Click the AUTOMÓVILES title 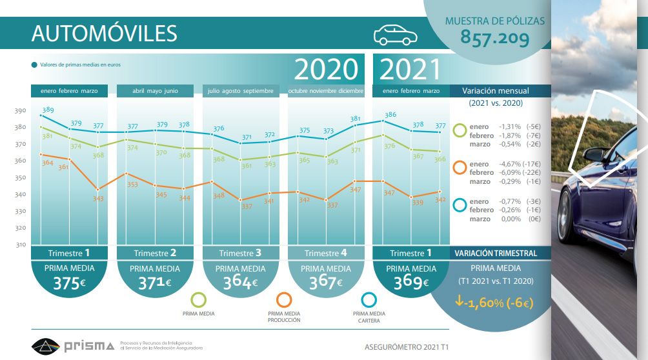[104, 34]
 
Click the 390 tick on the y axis [20, 111]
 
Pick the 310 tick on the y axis [20, 245]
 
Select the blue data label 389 [48, 110]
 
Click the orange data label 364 [46, 163]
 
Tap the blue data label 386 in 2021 [390, 115]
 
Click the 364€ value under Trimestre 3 [241, 283]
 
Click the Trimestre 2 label [155, 253]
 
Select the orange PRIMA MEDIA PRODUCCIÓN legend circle [283, 300]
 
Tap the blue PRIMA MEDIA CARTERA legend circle [369, 300]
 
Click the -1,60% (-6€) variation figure [494, 301]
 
